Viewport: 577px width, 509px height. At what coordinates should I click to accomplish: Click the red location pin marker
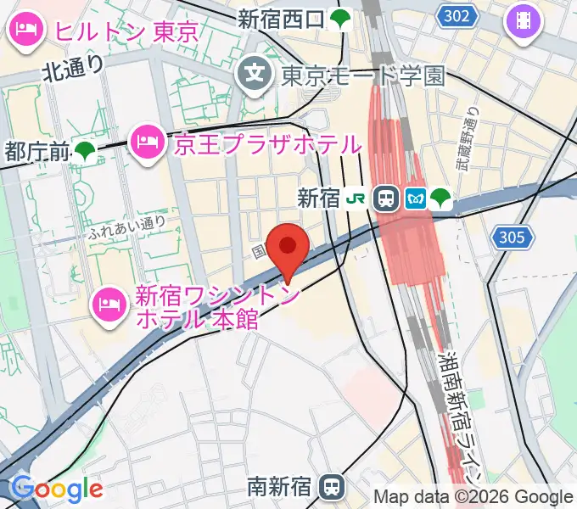288,248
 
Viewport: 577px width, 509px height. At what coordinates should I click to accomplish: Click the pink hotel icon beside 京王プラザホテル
148,143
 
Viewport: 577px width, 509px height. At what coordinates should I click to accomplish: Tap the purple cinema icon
524,20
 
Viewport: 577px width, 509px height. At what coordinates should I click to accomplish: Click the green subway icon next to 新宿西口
340,19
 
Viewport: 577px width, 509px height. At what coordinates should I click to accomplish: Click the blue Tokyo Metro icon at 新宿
415,199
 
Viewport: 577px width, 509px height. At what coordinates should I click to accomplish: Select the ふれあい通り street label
126,226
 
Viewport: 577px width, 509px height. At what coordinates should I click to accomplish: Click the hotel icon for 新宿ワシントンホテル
111,300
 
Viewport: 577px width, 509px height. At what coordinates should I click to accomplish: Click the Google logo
57,489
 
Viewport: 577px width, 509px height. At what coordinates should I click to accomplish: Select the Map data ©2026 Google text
473,496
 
